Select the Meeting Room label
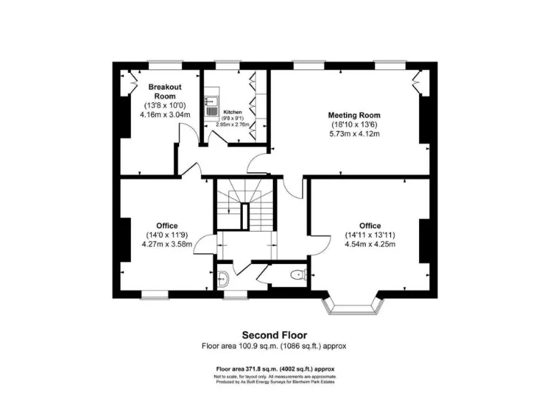(354, 115)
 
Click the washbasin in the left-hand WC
(222, 278)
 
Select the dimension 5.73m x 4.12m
(354, 134)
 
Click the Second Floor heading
(274, 335)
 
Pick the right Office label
(370, 226)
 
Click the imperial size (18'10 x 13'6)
(354, 124)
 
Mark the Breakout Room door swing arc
(185, 132)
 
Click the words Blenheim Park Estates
(316, 382)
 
